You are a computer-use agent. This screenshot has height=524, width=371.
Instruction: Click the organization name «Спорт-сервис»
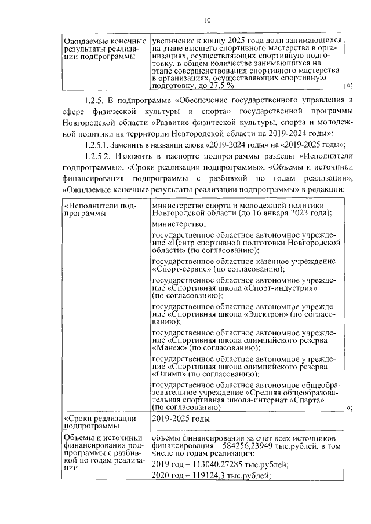point(180,269)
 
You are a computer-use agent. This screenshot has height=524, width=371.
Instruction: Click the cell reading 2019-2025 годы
point(180,419)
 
